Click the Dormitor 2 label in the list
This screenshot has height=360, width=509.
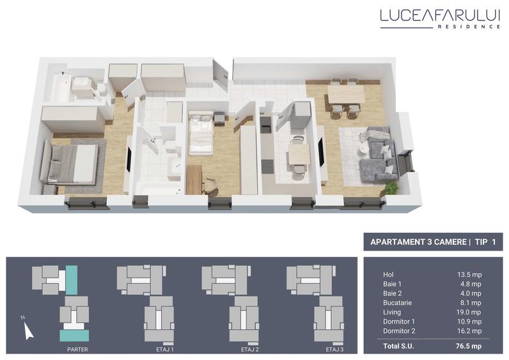(x=399, y=331)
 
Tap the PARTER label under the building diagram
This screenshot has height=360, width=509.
(x=77, y=350)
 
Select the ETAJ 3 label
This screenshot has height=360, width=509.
(x=334, y=350)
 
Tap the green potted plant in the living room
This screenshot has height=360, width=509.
(x=391, y=187)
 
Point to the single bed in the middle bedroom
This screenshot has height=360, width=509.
(x=201, y=132)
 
